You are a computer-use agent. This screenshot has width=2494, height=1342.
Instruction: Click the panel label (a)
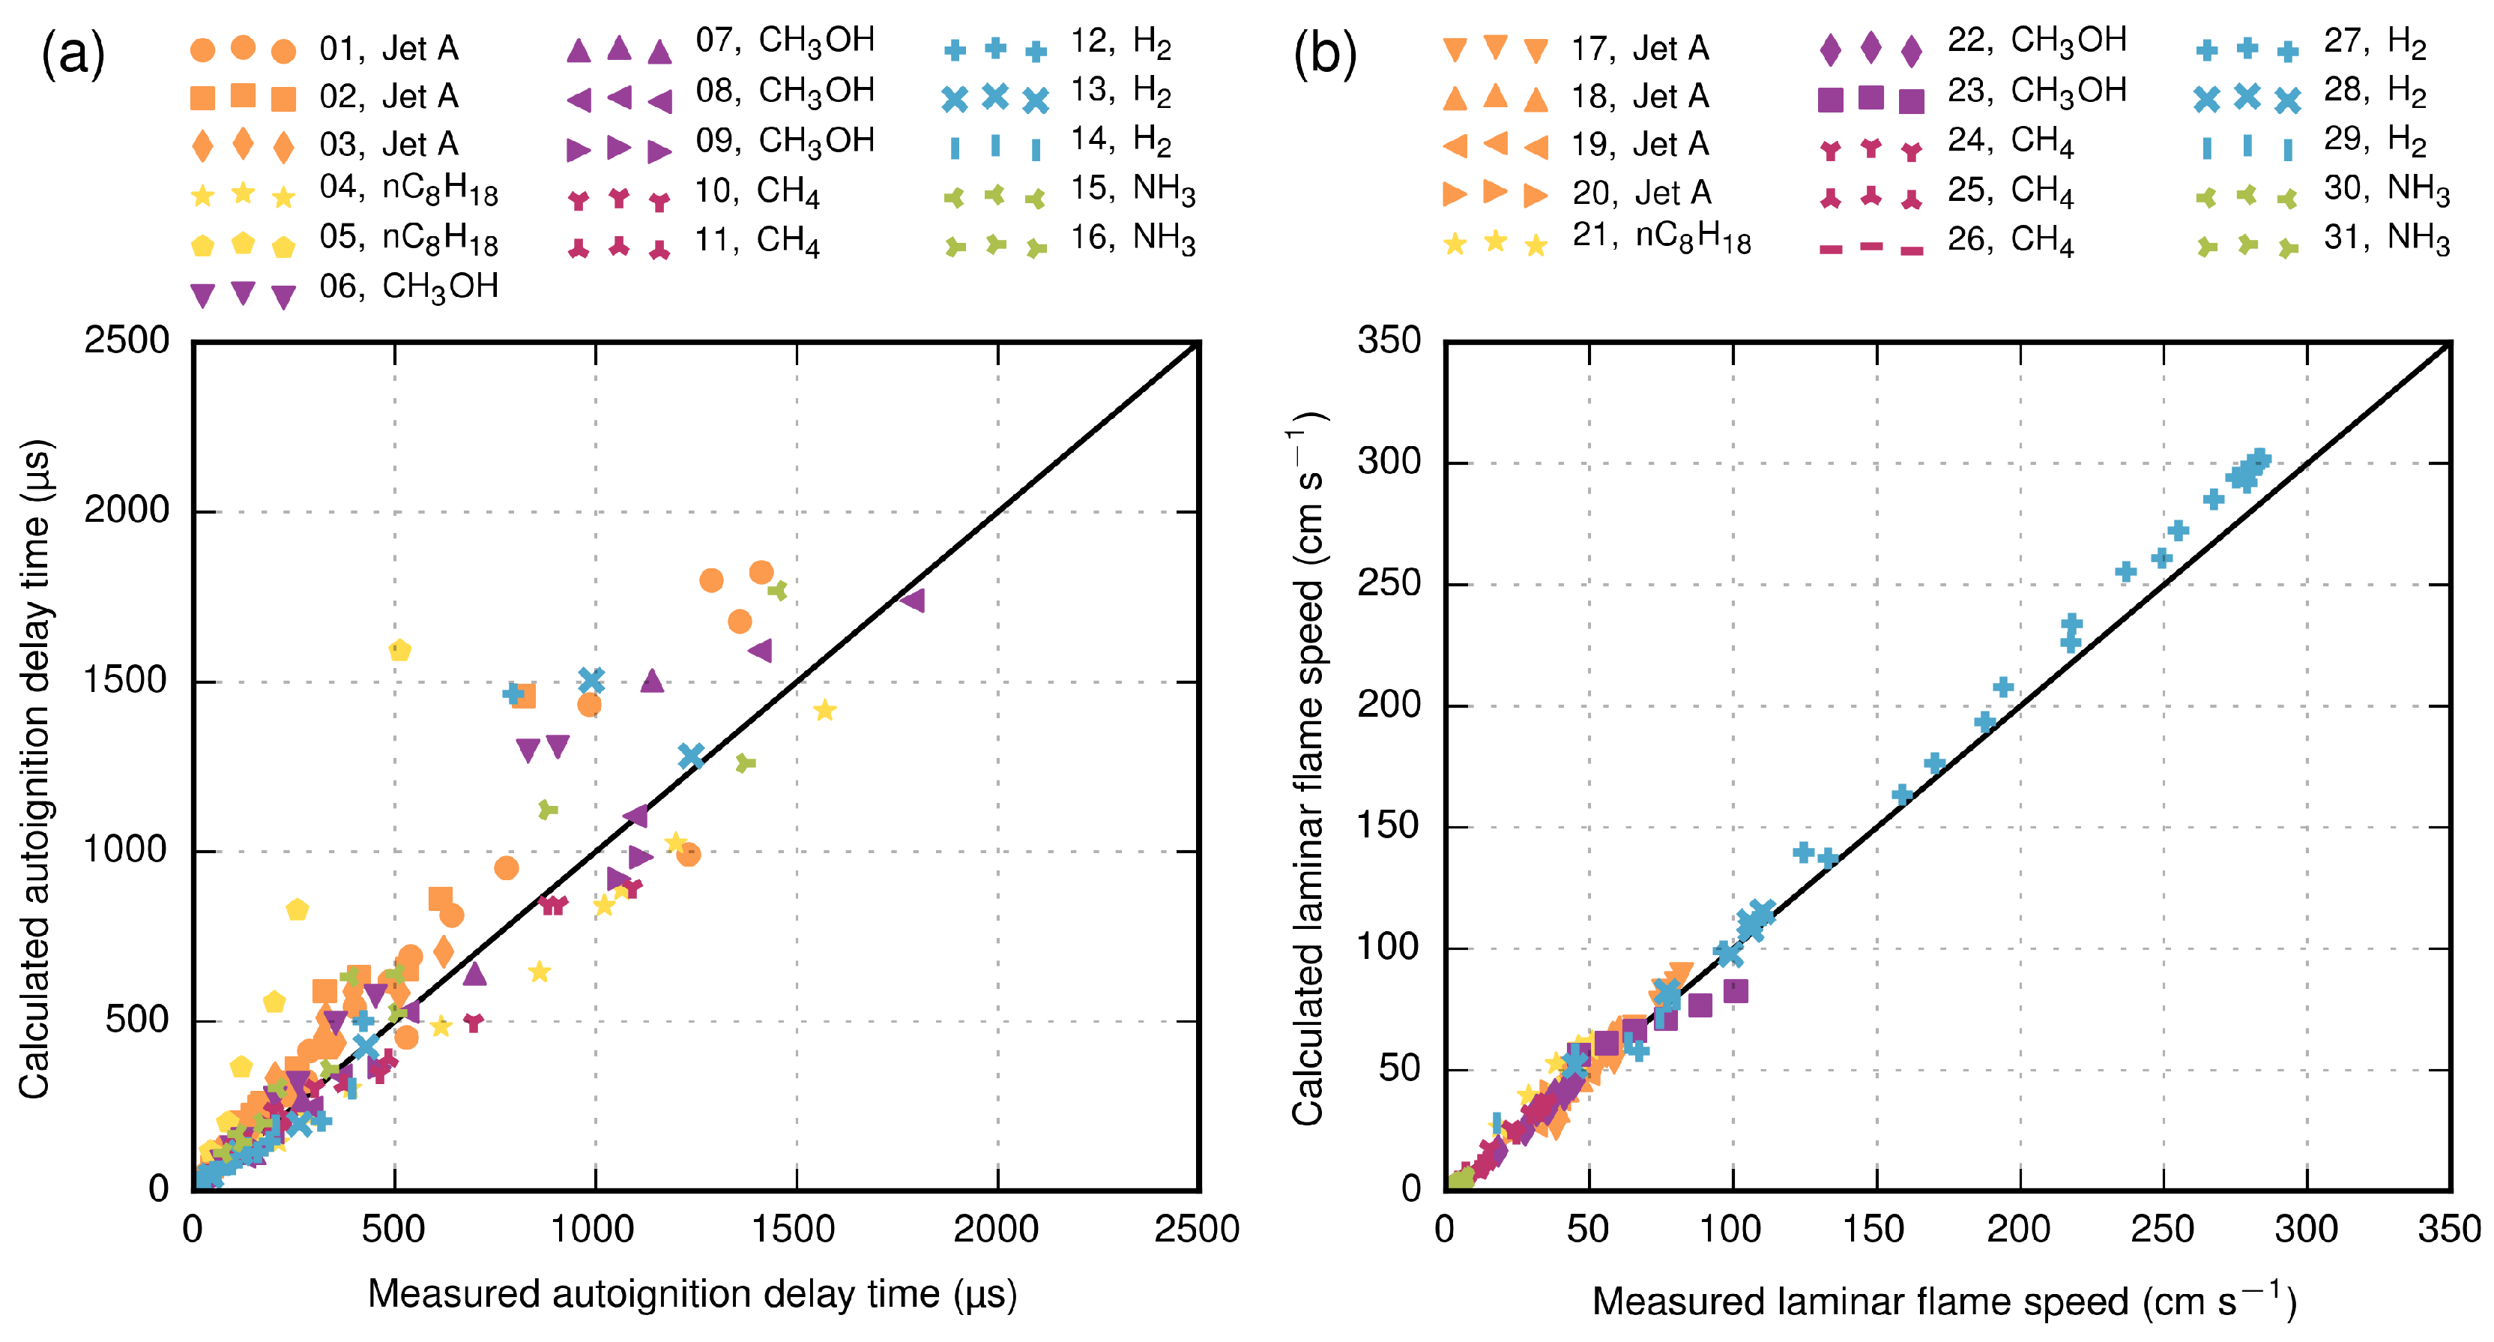click(x=73, y=53)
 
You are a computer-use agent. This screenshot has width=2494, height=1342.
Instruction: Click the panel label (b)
click(x=1324, y=53)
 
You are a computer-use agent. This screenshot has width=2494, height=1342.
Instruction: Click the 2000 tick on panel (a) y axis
click(x=127, y=511)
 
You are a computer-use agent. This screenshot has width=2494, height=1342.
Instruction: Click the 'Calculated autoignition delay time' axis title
click(x=35, y=770)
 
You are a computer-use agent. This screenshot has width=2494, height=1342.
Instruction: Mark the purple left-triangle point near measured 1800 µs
click(x=912, y=601)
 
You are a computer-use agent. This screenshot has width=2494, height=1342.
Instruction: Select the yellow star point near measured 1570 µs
click(x=824, y=711)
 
